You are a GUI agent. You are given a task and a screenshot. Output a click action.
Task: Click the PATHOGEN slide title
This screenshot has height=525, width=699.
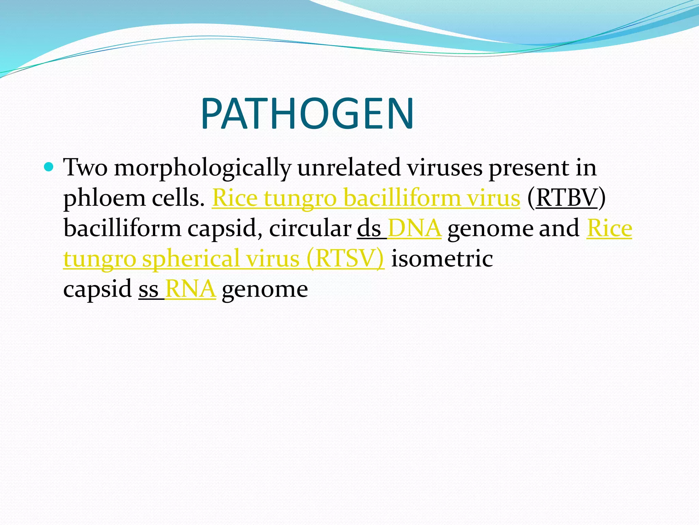[x=307, y=113]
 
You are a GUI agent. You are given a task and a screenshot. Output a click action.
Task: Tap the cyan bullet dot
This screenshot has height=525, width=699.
[x=49, y=167]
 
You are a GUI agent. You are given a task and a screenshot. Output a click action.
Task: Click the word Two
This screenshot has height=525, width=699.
[x=85, y=168]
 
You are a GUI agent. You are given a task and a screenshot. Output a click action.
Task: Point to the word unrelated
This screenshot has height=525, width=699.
[x=349, y=168]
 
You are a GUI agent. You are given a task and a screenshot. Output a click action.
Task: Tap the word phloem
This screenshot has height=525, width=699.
[x=104, y=199]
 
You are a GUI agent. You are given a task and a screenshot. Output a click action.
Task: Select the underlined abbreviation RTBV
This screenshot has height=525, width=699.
[x=567, y=198]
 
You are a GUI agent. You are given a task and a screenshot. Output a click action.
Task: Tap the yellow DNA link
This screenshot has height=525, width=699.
[x=415, y=228]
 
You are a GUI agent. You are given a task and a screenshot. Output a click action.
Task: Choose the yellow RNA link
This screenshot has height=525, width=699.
[x=190, y=289]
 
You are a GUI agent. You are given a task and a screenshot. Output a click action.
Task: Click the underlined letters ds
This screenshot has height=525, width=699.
[x=369, y=228]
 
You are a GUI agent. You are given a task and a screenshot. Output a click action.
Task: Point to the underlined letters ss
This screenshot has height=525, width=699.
[x=149, y=289]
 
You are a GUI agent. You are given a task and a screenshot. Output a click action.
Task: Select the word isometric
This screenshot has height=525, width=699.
[x=442, y=258]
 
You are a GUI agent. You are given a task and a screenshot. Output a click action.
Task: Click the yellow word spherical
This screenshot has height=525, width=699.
[x=191, y=259]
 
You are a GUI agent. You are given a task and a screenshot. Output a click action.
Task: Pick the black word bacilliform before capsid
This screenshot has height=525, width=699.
[x=122, y=228]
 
